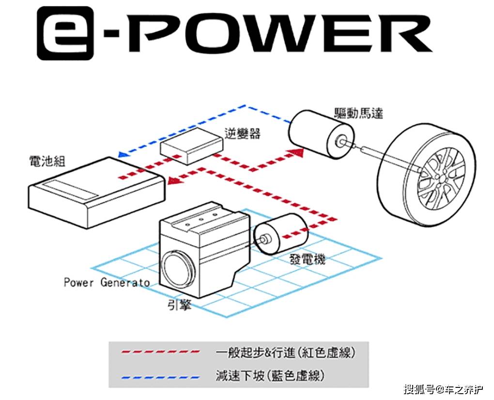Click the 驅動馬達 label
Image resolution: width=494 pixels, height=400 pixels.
(x=358, y=114)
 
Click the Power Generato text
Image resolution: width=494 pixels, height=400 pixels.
(x=107, y=282)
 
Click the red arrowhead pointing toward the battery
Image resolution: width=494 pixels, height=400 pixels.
(x=172, y=182)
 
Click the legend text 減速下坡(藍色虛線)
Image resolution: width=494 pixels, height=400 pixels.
(x=270, y=375)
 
